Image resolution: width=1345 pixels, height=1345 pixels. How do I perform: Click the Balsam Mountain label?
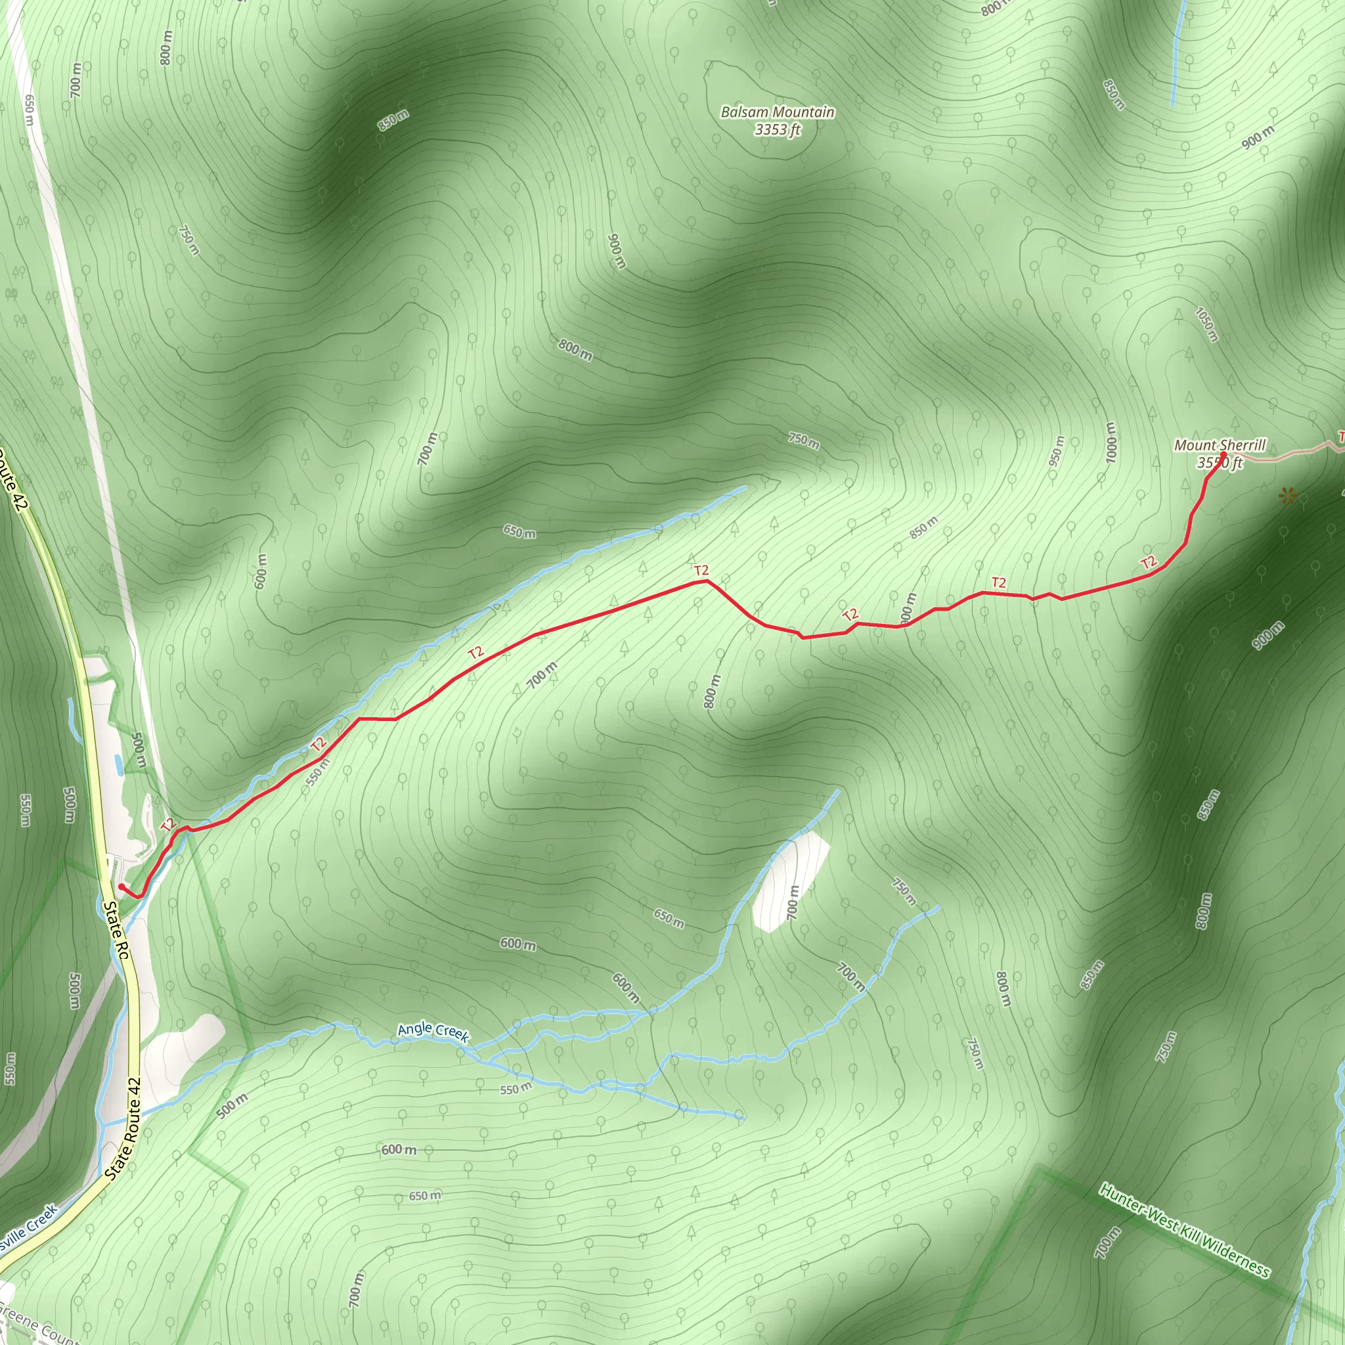click(777, 112)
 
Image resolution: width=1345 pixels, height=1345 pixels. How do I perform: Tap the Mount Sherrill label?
click(1220, 445)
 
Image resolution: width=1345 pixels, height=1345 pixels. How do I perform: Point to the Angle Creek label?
click(433, 1031)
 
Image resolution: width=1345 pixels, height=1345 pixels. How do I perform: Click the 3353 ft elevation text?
click(778, 129)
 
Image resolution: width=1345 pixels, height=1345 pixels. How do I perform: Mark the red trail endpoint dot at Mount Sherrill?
click(1223, 455)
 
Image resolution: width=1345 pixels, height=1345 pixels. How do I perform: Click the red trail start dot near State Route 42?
click(121, 886)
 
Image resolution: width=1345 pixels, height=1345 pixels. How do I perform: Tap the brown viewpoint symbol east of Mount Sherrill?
click(1288, 496)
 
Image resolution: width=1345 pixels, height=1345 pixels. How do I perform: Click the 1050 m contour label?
click(1206, 324)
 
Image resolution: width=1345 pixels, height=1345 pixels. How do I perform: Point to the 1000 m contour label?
click(1111, 442)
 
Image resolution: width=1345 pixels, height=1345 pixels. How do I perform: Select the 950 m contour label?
click(1057, 451)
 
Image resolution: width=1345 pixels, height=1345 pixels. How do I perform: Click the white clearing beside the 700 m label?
click(790, 881)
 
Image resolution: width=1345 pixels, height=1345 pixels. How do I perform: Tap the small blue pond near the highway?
click(118, 764)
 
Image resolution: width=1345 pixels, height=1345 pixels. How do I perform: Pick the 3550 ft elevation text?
click(1220, 462)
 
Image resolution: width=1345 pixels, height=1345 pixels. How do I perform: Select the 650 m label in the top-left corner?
click(28, 109)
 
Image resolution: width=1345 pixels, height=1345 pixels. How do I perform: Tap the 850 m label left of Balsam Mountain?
click(393, 120)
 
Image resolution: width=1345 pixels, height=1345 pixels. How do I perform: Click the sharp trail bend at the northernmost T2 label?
click(707, 580)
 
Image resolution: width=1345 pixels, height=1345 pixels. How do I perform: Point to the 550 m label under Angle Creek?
click(516, 1088)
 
